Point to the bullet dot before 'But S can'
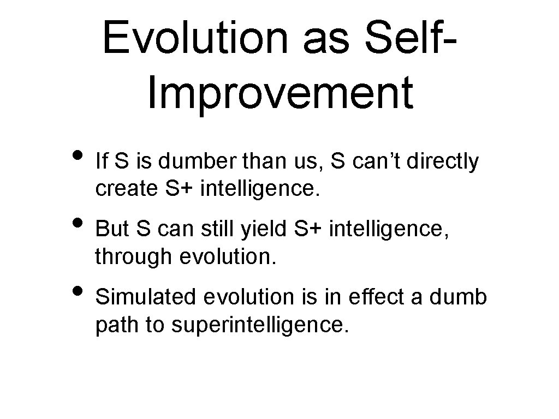point(76,223)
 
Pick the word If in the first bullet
point(100,161)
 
